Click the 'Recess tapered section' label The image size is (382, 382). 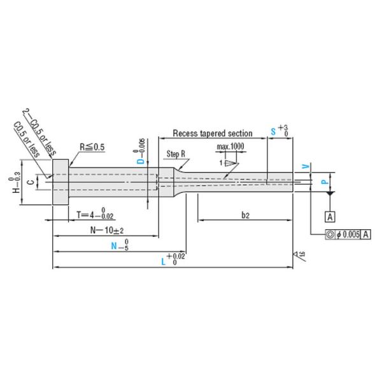(x=213, y=134)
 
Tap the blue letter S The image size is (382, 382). (x=273, y=131)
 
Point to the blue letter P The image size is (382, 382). (x=323, y=182)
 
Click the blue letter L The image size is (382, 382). (x=163, y=262)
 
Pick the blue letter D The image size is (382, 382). (x=141, y=161)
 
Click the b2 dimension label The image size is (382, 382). (x=244, y=216)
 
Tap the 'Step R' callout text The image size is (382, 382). (x=176, y=154)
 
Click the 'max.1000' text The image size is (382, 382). (x=230, y=146)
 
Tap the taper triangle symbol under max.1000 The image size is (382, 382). (x=229, y=163)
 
